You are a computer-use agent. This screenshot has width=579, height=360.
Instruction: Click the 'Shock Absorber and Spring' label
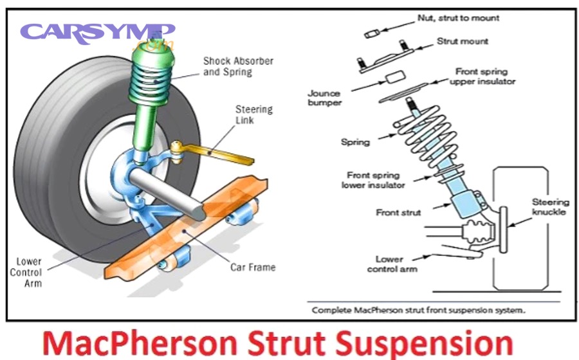click(238, 66)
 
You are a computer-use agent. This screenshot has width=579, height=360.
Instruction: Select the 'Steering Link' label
click(253, 115)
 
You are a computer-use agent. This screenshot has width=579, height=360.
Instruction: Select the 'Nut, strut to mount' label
click(457, 18)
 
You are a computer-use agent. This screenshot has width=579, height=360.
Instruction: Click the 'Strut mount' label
click(462, 41)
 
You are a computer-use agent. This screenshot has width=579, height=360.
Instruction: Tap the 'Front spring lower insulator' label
click(373, 180)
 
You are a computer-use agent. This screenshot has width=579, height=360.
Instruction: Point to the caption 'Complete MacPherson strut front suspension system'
click(418, 310)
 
